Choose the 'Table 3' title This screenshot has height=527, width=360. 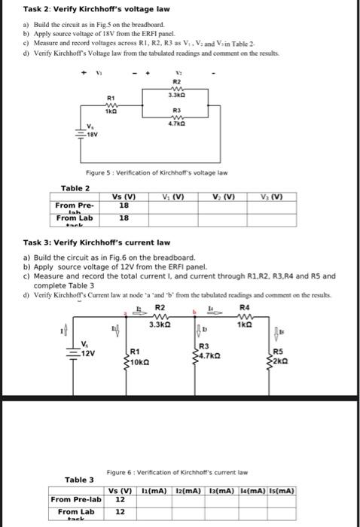[x=79, y=479]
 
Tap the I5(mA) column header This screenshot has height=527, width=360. [x=280, y=490]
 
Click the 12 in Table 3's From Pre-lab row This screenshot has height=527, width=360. [x=119, y=499]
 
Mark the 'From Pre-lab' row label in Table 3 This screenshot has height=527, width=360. [x=76, y=499]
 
